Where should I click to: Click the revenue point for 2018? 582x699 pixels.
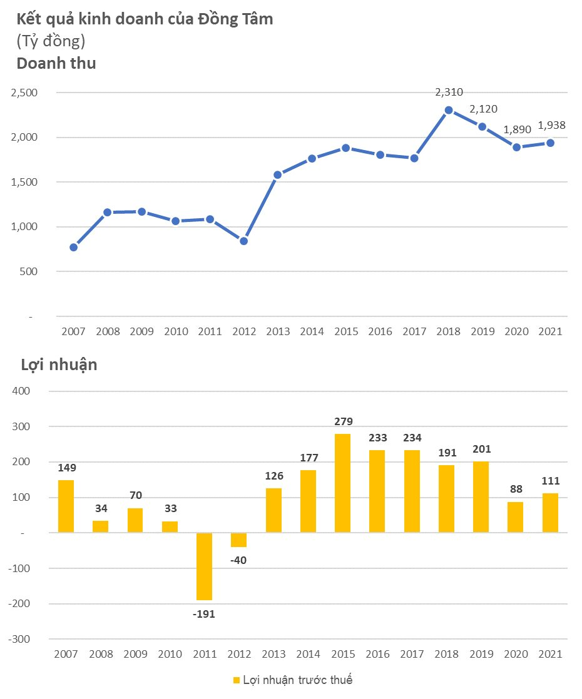[449, 110]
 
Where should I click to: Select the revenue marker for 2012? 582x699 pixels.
[243, 241]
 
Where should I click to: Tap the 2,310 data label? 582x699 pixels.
[449, 93]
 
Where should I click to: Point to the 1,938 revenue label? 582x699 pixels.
[552, 125]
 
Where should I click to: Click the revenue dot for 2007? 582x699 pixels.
[74, 248]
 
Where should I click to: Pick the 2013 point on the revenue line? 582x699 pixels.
[278, 175]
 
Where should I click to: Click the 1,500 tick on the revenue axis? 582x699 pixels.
[24, 182]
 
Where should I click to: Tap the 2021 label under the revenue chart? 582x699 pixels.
[550, 331]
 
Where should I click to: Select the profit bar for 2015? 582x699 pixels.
[342, 483]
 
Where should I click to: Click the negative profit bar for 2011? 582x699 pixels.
[205, 566]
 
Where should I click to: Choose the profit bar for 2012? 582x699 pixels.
[239, 540]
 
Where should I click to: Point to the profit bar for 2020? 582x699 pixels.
[515, 517]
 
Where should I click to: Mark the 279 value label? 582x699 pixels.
[343, 421]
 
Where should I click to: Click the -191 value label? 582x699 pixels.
[204, 614]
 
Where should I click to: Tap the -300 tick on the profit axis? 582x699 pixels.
[19, 639]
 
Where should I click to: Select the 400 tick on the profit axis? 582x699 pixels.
[21, 391]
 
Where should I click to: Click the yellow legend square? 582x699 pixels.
[237, 680]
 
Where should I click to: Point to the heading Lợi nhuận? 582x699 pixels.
[59, 365]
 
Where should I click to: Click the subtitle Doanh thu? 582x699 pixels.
[56, 63]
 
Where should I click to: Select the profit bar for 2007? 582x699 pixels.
[66, 506]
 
